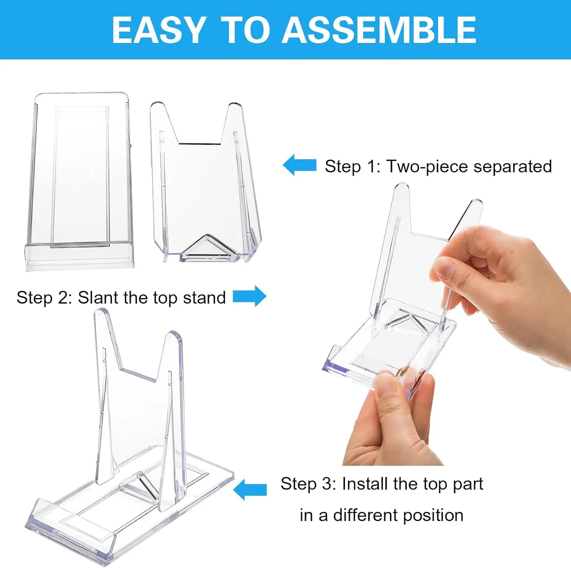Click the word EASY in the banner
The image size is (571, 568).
click(159, 30)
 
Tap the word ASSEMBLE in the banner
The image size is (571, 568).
click(378, 30)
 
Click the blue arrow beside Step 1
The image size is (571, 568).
click(300, 165)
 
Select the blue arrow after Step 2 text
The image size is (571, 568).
click(250, 296)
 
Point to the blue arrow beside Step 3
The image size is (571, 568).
click(250, 489)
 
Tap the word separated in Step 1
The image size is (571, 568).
click(513, 166)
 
